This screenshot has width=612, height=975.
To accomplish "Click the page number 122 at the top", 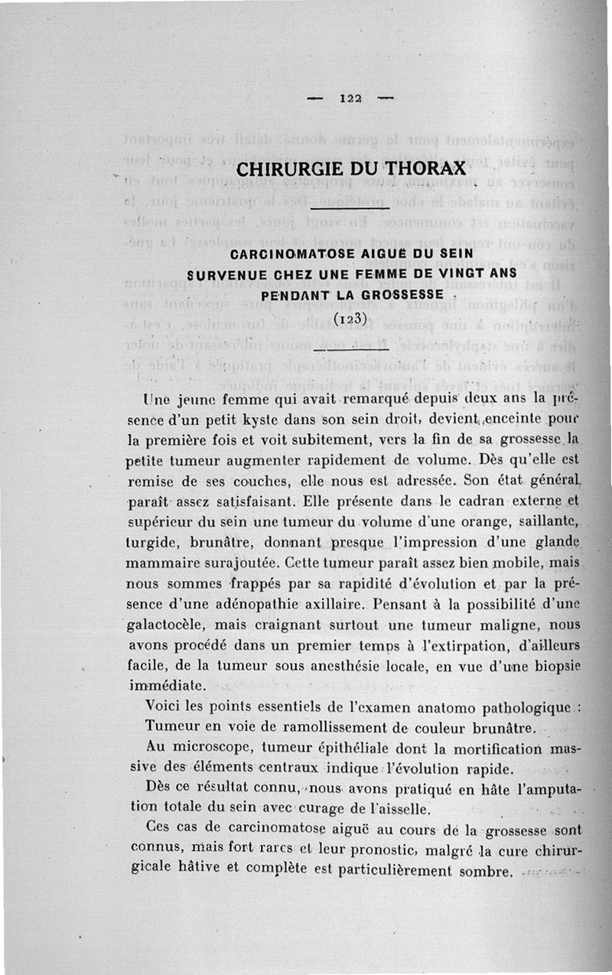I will click(350, 98).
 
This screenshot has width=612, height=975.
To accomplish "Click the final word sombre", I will click(483, 872).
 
